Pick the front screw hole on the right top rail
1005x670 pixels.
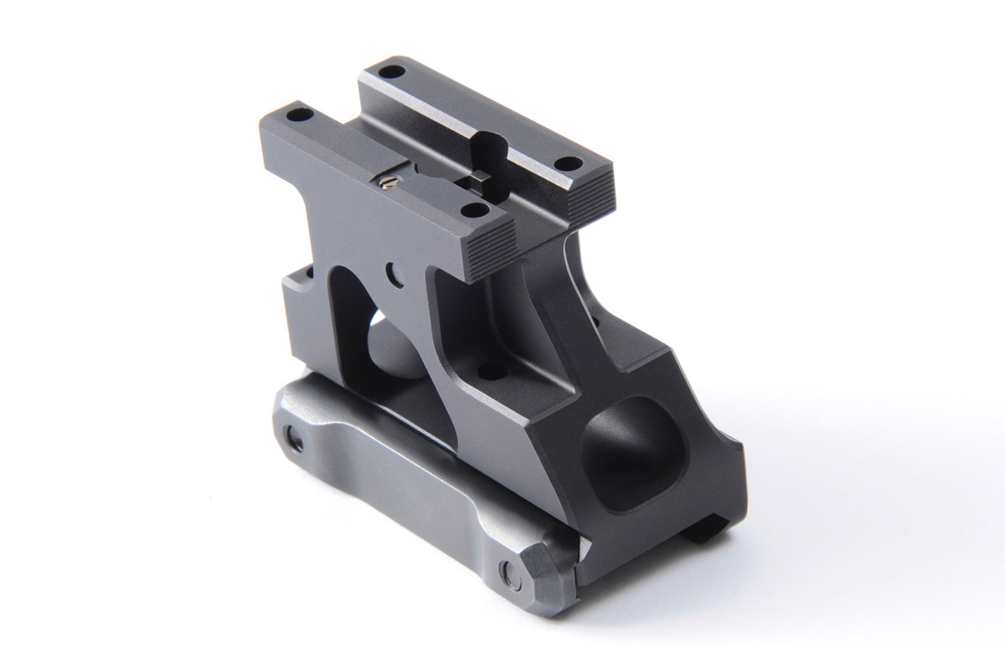(567, 163)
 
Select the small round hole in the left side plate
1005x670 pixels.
(391, 271)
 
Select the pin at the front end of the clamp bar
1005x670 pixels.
(508, 574)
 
